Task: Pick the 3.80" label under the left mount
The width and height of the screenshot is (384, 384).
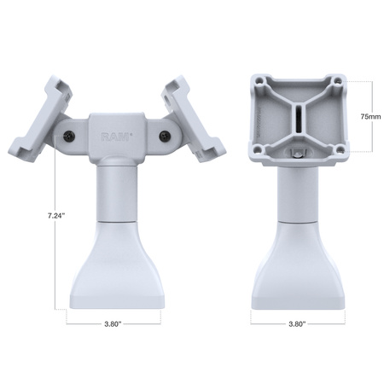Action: tap(113, 324)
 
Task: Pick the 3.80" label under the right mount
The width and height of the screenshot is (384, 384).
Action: tap(298, 324)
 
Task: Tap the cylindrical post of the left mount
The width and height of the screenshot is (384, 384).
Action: tap(113, 192)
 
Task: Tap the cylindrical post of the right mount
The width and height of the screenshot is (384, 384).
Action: tap(298, 192)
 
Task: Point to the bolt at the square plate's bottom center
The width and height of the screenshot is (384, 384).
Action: tap(299, 154)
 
